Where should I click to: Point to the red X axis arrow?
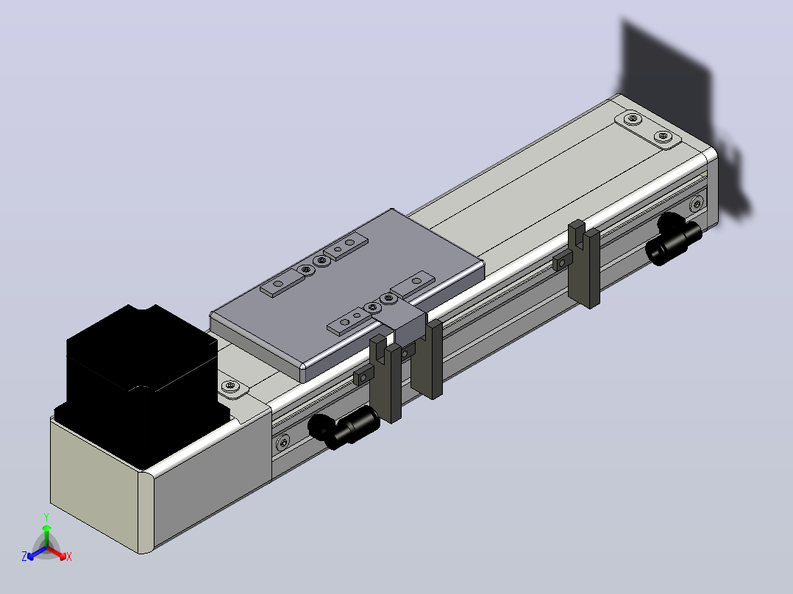(57, 552)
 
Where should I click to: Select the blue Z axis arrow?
(37, 553)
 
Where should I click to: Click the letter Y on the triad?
(46, 517)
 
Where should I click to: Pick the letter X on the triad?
(69, 557)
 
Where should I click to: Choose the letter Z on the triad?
(24, 556)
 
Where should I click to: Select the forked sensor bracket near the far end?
(585, 264)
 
